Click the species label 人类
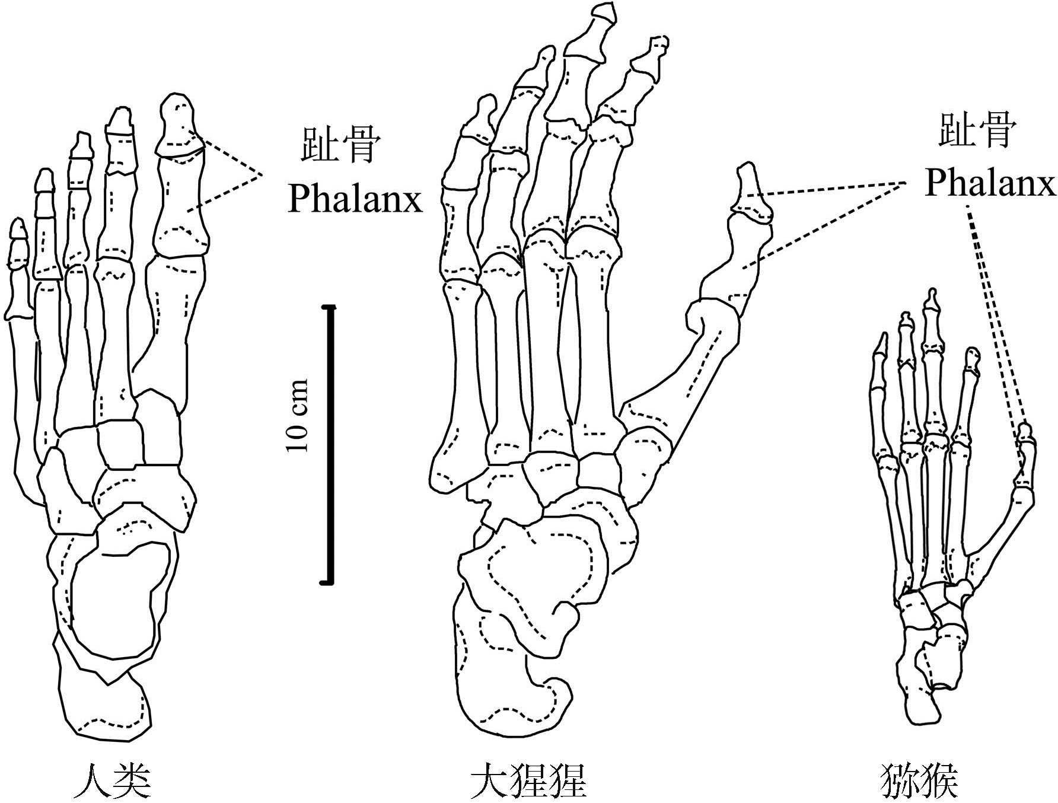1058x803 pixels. point(112,782)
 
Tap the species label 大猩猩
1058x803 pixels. point(528,782)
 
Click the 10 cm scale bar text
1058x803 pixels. point(297,415)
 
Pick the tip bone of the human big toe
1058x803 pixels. point(178,125)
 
